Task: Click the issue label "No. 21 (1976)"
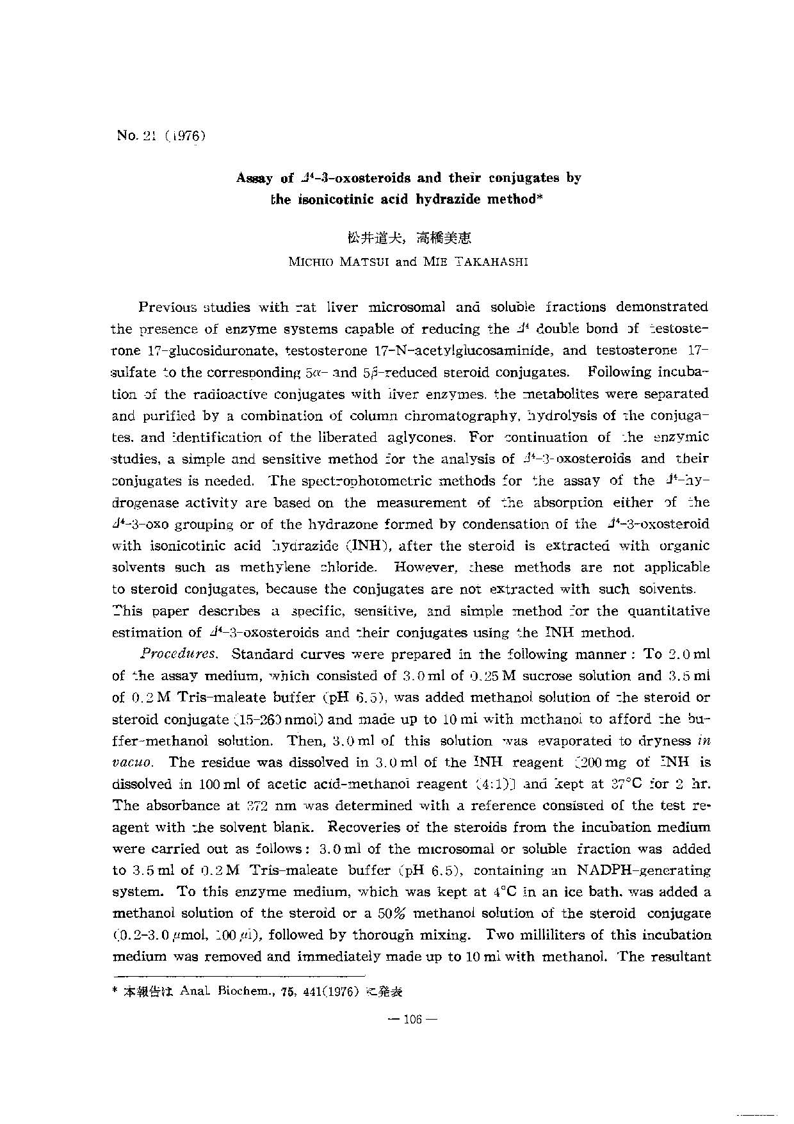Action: point(161,135)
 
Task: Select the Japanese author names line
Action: point(409,238)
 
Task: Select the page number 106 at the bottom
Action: point(410,1020)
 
